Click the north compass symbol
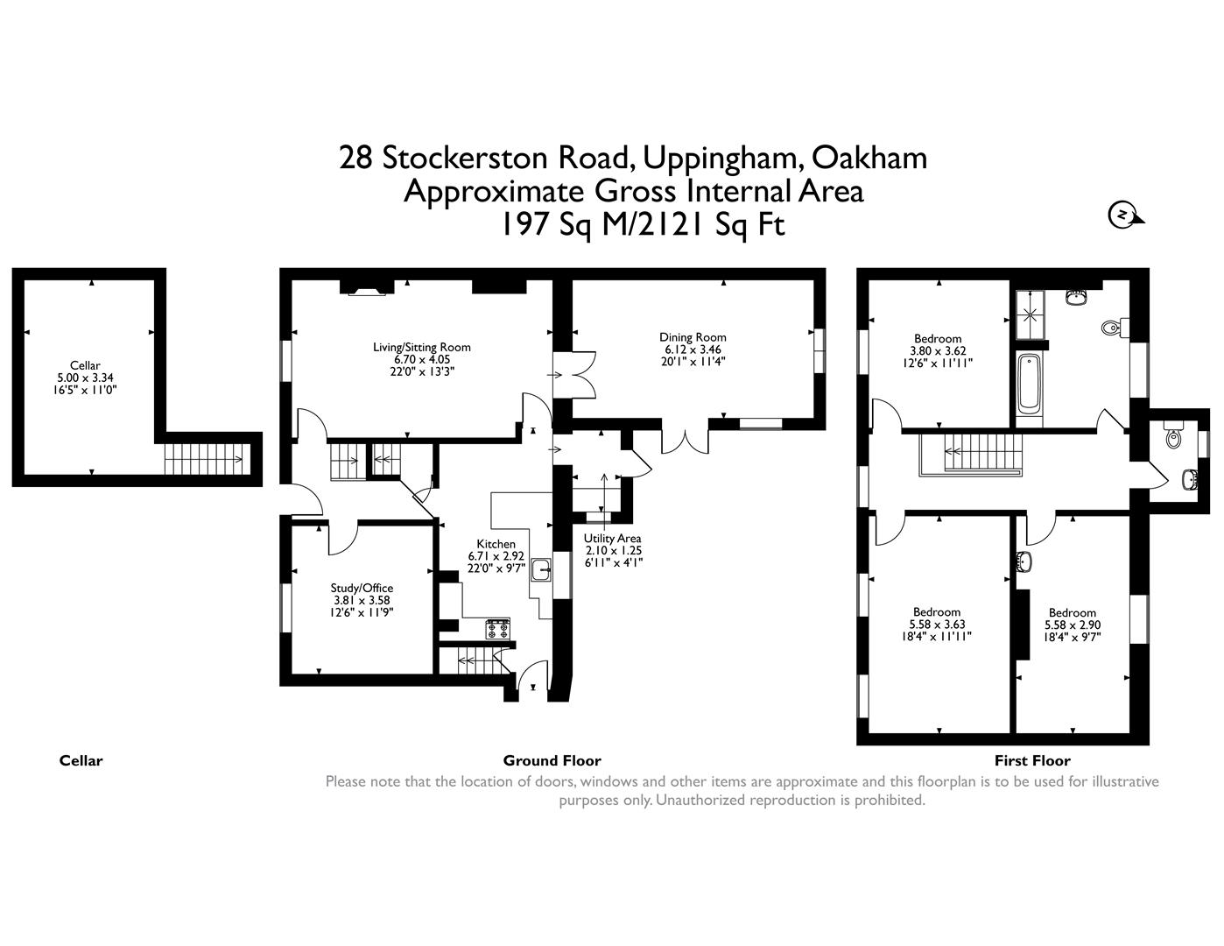[x=1122, y=215]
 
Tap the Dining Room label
[x=693, y=337]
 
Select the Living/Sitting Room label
[x=421, y=347]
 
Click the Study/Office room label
[x=361, y=588]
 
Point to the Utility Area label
[x=613, y=539]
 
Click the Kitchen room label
[x=496, y=544]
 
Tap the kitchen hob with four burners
[x=498, y=628]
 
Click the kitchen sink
[x=541, y=570]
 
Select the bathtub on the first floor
[x=1030, y=383]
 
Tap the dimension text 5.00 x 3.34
[x=85, y=378]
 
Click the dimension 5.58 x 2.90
[x=1072, y=625]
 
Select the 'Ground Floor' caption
[x=552, y=760]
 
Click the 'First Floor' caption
[x=1032, y=760]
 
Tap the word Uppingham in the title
[x=722, y=158]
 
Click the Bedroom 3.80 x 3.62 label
[x=937, y=339]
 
